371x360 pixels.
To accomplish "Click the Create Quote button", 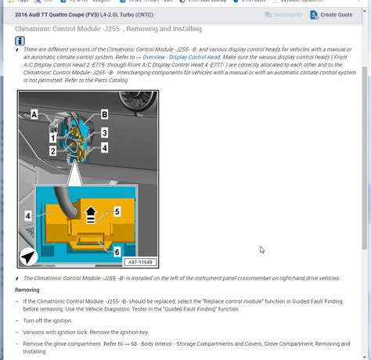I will point(331,15).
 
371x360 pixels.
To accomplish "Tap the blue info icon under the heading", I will point(20,41).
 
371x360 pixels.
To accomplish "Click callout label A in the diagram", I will point(33,115).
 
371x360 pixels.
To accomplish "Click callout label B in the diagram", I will point(104,114).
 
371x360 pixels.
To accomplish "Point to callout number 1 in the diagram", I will point(52,138).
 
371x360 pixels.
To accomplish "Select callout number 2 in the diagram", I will point(52,151).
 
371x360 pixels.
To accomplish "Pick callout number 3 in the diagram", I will point(104,133).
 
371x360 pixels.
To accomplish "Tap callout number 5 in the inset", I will point(117,211).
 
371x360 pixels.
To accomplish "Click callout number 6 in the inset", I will point(117,252).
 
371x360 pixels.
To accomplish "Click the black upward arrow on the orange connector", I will point(91,211).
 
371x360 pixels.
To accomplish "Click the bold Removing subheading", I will point(27,290).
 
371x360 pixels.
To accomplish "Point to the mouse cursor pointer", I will point(262,250).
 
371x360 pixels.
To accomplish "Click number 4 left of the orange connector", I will point(28,215).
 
